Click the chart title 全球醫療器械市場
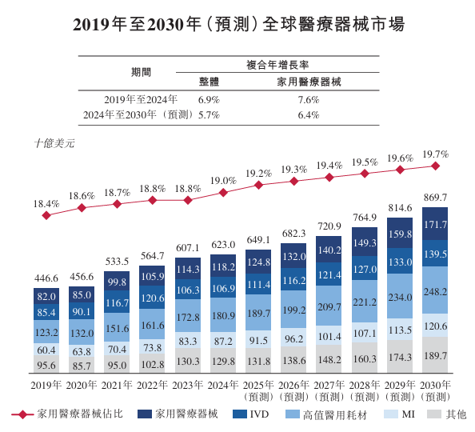tap(237, 24)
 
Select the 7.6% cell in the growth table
tap(308, 100)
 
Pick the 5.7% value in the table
tap(208, 115)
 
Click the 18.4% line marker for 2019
tap(46, 216)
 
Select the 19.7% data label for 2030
tap(435, 154)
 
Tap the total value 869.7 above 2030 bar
tap(435, 198)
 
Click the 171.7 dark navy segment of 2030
tap(435, 225)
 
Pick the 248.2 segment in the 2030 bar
tap(435, 293)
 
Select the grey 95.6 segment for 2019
tap(46, 364)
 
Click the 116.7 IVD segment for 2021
tap(117, 304)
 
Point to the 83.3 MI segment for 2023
tap(187, 342)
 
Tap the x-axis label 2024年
tap(222, 385)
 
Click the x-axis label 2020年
tap(82, 385)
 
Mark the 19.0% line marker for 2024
tap(223, 192)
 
